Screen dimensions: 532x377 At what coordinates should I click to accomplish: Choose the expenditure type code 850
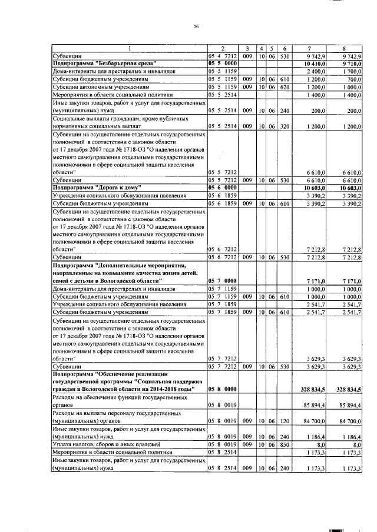pyautogui.click(x=285, y=446)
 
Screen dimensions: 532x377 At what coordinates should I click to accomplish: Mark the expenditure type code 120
pyautogui.click(x=285, y=421)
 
